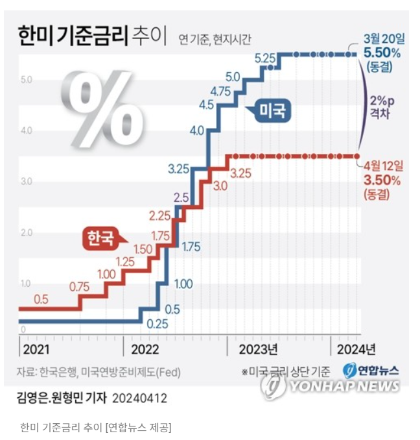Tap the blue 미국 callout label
coord(272,111)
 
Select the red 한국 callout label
coord(100,238)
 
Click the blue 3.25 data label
coord(178,169)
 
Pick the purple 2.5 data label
coord(181,197)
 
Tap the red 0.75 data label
coord(79,286)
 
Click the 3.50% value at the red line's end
coord(382,180)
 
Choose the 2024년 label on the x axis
coord(356,349)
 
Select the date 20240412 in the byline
coord(139,397)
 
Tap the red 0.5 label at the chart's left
coord(41,299)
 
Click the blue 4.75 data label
coord(221,91)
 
